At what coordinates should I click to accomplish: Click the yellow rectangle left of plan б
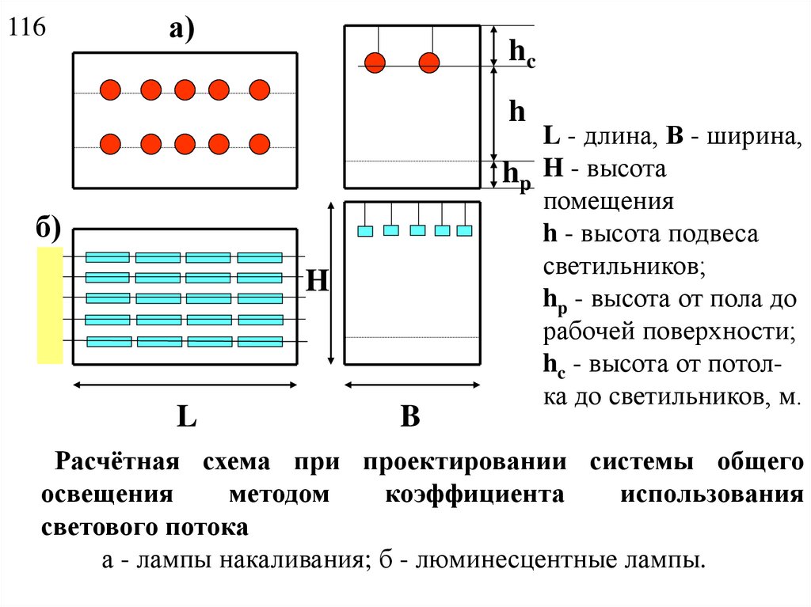[50, 305]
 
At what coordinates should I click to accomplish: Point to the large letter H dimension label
[318, 282]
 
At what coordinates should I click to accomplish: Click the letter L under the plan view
[186, 417]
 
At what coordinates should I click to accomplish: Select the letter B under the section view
[409, 417]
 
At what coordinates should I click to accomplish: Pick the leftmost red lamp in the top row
[110, 89]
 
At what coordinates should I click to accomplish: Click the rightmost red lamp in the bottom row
[260, 143]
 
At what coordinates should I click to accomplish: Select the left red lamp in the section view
[375, 62]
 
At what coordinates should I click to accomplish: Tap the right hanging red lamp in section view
[428, 62]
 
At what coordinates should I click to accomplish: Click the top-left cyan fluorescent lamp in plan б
[107, 256]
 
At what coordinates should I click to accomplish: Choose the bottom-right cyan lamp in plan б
[260, 342]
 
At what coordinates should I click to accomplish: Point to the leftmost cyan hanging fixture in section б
[365, 231]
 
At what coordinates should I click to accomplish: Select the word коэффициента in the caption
[474, 495]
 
